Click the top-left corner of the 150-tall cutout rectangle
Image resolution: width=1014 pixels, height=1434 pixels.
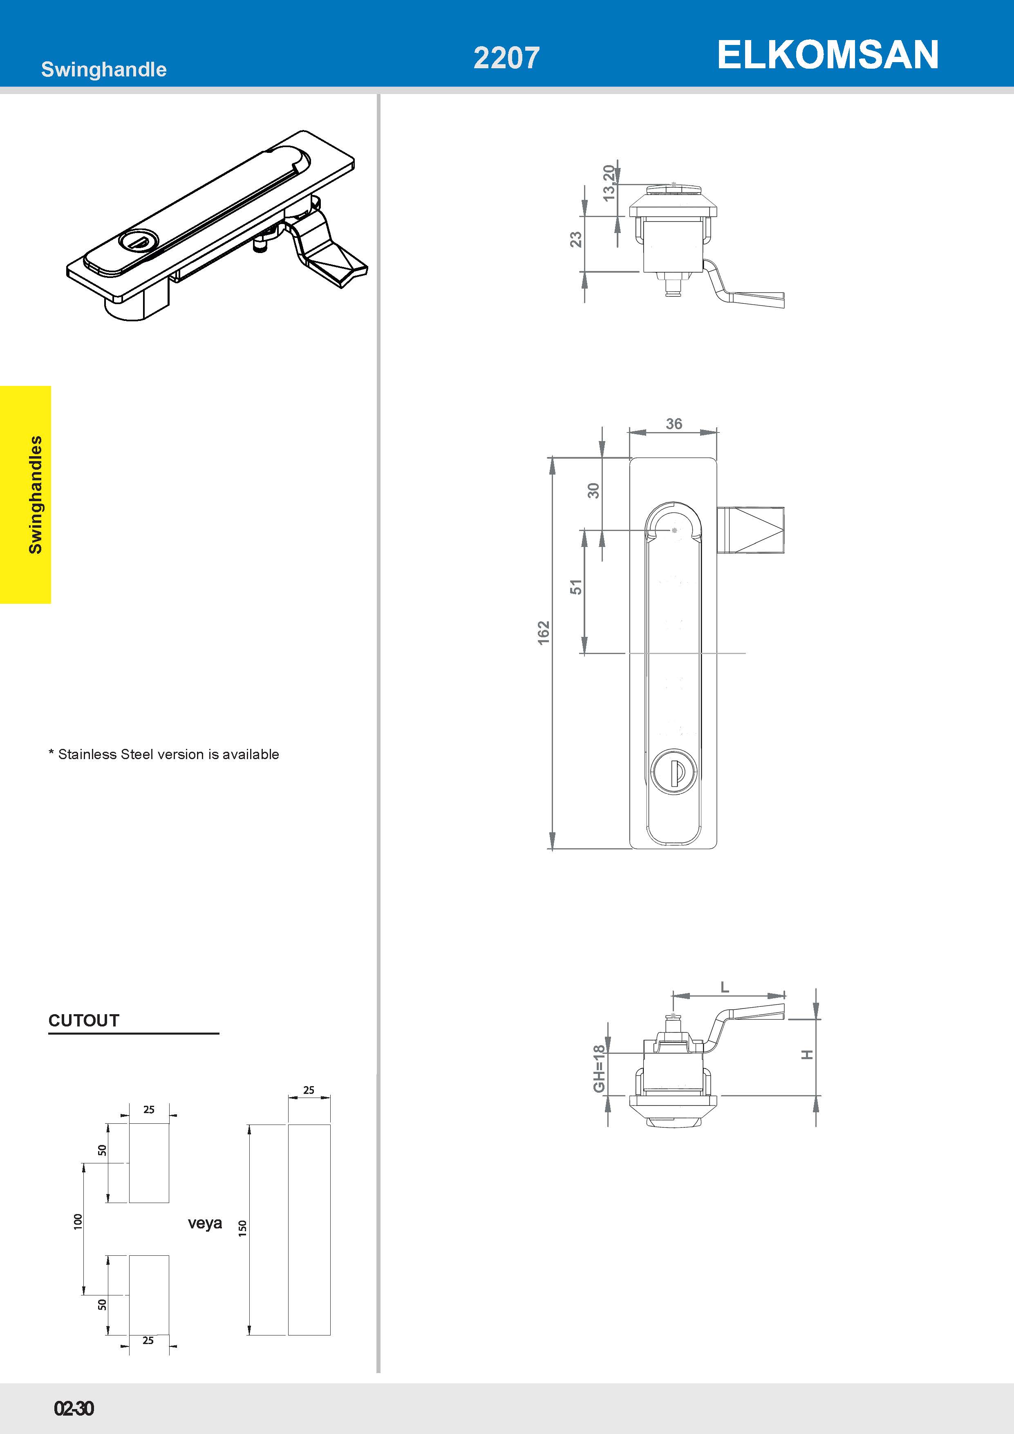pyautogui.click(x=288, y=1125)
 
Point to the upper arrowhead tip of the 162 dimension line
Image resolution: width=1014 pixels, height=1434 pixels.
pyautogui.click(x=552, y=457)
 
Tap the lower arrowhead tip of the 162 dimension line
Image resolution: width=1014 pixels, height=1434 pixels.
pyautogui.click(x=552, y=849)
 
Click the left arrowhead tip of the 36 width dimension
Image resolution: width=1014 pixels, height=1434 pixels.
pyautogui.click(x=629, y=432)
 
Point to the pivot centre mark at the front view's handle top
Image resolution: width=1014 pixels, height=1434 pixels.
pyautogui.click(x=674, y=530)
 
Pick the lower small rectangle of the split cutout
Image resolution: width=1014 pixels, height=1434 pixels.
pyautogui.click(x=149, y=1295)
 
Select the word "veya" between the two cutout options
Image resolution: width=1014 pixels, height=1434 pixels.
pyautogui.click(x=205, y=1223)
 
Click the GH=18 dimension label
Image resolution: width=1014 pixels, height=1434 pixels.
pyautogui.click(x=599, y=1069)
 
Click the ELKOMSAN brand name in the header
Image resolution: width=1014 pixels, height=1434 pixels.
pyautogui.click(x=828, y=54)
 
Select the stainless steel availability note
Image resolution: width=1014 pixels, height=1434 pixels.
pyautogui.click(x=163, y=755)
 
